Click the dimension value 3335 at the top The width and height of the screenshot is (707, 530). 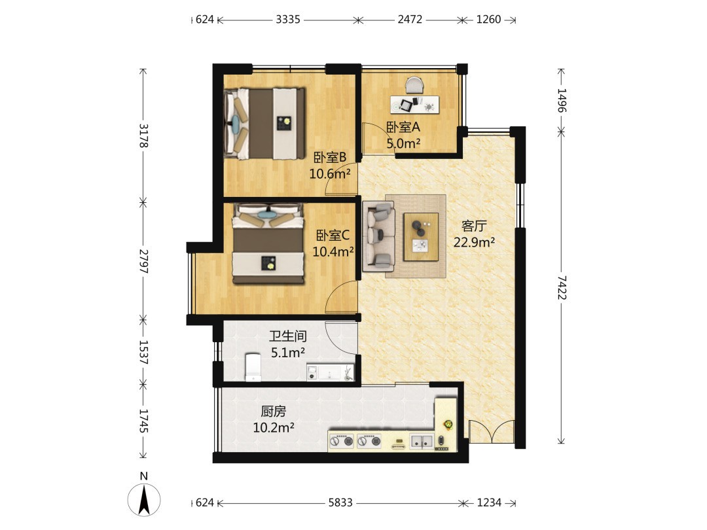[288, 20]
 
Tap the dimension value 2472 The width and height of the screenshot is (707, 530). [410, 20]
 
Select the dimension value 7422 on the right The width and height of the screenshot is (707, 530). [562, 287]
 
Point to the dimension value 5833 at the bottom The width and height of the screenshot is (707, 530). [340, 503]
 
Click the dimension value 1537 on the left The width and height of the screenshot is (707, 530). [143, 352]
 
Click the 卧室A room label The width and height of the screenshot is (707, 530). [403, 127]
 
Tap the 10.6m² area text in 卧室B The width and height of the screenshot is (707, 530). [329, 173]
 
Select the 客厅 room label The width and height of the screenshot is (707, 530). [474, 226]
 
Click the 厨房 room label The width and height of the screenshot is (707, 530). [273, 411]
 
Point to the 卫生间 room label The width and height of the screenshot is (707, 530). [287, 336]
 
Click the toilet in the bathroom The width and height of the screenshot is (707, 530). [253, 367]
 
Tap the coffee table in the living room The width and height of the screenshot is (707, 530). [421, 237]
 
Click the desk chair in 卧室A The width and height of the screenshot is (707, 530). [415, 85]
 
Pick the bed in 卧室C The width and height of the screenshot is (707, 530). [268, 243]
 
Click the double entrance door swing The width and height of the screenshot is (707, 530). [492, 432]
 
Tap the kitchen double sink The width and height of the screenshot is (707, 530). [421, 441]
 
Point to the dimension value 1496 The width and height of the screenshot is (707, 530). [562, 100]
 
